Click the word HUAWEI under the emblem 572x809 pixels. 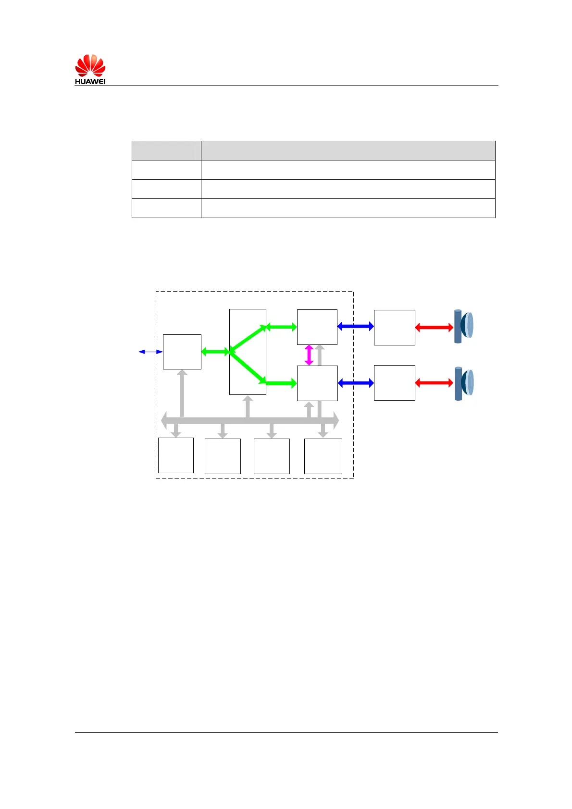click(90, 82)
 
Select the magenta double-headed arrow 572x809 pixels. click(309, 355)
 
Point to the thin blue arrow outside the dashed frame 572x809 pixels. click(150, 352)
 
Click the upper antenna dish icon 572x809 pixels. click(464, 327)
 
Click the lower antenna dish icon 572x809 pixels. click(464, 383)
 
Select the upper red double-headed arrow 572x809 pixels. click(434, 328)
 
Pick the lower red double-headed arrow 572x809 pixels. click(434, 383)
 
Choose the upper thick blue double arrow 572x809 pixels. click(356, 327)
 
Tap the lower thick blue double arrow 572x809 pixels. click(356, 383)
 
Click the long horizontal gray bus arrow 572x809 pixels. click(249, 420)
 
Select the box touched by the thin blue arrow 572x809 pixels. click(182, 352)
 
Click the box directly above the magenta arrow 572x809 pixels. click(317, 327)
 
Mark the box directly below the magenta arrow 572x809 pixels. click(317, 383)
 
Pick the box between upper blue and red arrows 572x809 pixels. click(394, 327)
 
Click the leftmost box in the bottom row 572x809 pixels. click(176, 455)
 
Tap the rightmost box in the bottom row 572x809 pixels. click(323, 456)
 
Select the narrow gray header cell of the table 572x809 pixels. click(166, 150)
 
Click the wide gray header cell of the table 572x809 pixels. click(348, 150)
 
